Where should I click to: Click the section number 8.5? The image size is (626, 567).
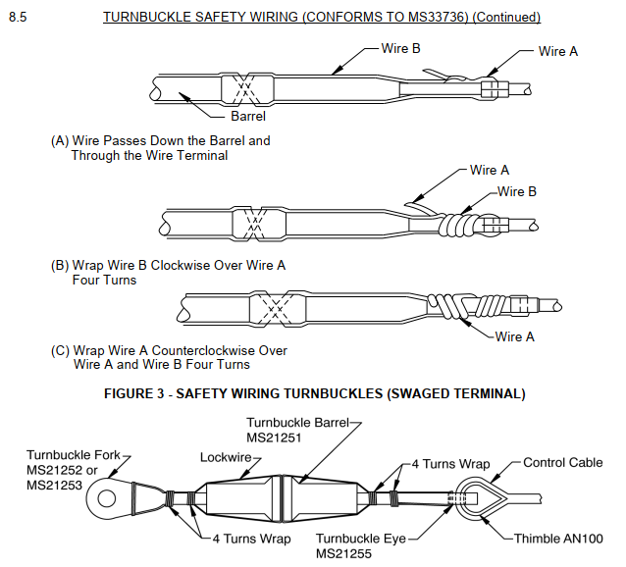pyautogui.click(x=18, y=18)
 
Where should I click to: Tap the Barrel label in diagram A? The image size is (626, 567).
pyautogui.click(x=249, y=117)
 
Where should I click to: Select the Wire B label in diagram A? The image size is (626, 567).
pyautogui.click(x=402, y=49)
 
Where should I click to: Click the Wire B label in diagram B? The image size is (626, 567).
pyautogui.click(x=517, y=192)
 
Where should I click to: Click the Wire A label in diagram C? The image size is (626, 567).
pyautogui.click(x=515, y=336)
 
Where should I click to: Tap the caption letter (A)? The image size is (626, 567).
pyautogui.click(x=60, y=141)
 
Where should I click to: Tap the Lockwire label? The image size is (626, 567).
pyautogui.click(x=227, y=456)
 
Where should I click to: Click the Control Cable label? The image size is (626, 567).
pyautogui.click(x=563, y=463)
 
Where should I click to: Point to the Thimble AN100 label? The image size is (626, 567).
pyautogui.click(x=559, y=539)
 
